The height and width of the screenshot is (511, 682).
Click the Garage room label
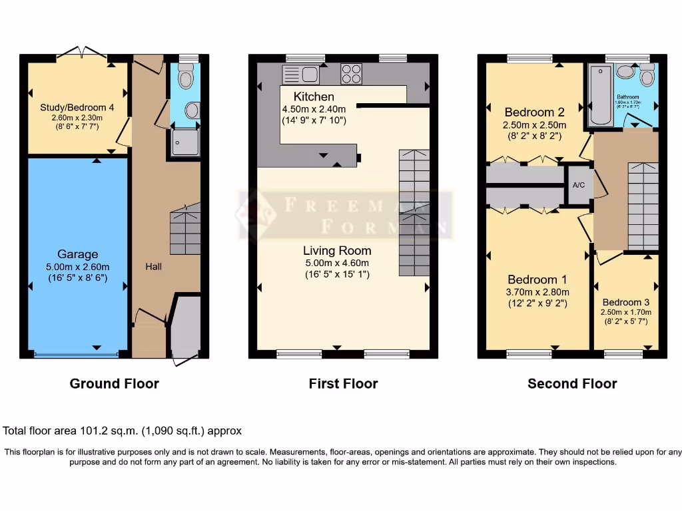pyautogui.click(x=77, y=254)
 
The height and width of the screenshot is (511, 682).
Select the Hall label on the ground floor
pyautogui.click(x=154, y=266)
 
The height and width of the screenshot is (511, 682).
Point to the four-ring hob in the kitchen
pyautogui.click(x=351, y=74)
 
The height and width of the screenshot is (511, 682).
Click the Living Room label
pyautogui.click(x=337, y=251)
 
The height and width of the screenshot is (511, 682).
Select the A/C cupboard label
pyautogui.click(x=579, y=184)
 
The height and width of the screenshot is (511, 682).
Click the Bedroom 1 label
pyautogui.click(x=538, y=279)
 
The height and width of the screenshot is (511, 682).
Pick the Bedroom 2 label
pyautogui.click(x=534, y=112)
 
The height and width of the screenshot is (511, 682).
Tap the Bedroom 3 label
pyautogui.click(x=625, y=302)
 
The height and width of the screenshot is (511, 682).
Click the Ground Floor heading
pyautogui.click(x=115, y=384)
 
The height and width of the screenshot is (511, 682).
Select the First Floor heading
pyautogui.click(x=343, y=384)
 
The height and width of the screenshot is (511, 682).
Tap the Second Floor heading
pyautogui.click(x=572, y=384)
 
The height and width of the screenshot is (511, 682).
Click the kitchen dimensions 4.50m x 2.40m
pyautogui.click(x=314, y=109)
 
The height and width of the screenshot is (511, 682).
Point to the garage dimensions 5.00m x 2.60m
pyautogui.click(x=77, y=266)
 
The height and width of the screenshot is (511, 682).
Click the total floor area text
pyautogui.click(x=123, y=431)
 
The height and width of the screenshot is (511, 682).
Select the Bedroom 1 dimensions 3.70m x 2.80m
pyautogui.click(x=538, y=291)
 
